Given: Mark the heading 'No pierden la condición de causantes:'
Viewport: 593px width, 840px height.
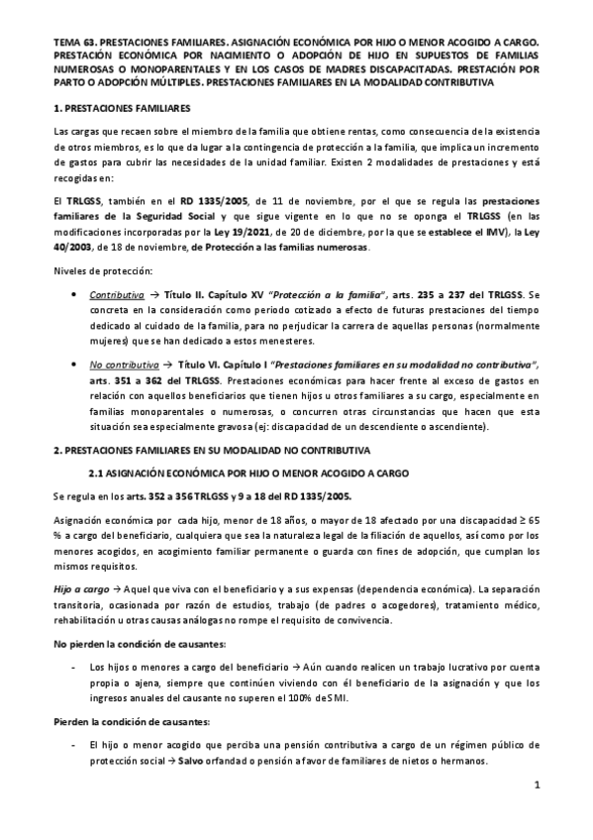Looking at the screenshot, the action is (129, 645).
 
